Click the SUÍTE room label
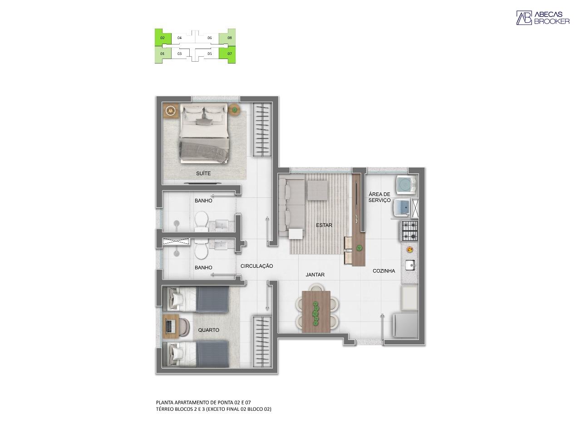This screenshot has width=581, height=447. coord(203,173)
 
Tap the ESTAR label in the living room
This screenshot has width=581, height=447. coord(324,225)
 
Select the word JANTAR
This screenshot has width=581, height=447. coord(315,275)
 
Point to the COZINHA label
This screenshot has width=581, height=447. coord(384,271)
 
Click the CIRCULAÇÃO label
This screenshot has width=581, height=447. coord(256,266)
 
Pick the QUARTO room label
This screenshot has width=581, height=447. coord(208,330)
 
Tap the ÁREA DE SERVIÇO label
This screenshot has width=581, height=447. coord(379,197)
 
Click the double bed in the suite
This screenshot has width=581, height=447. coord(203,133)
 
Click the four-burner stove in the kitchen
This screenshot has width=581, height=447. coord(409,231)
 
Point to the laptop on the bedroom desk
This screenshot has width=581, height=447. coord(171,326)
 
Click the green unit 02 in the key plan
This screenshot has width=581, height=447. coord(162,38)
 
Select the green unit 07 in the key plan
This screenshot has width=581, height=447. coord(230,54)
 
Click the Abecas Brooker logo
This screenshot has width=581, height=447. coord(542,18)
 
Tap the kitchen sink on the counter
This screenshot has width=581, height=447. coord(410,264)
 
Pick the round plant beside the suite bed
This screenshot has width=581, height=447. coord(234,109)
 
